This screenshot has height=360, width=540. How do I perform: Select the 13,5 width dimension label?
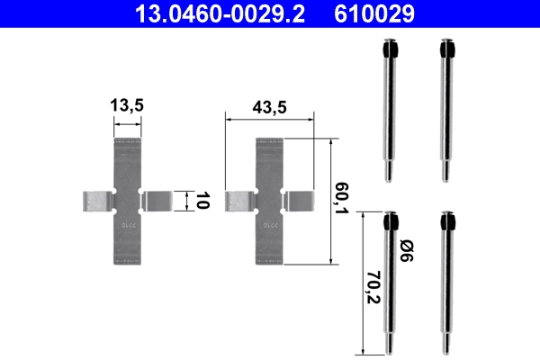point(128,106)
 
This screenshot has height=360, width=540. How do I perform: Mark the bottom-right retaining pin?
point(445,283)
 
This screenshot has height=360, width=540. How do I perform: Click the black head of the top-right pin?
point(444,49)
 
